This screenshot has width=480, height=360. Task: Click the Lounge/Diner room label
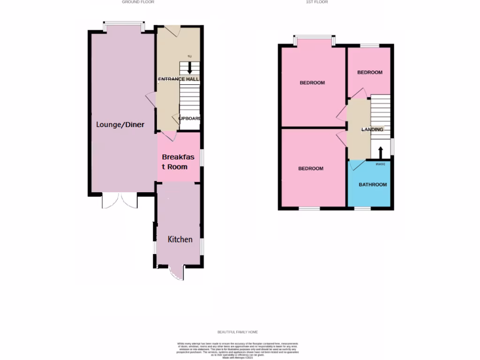[120, 125]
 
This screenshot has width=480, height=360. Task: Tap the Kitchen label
[180, 240]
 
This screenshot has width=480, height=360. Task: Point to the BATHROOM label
[373, 185]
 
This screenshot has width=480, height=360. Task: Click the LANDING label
[373, 129]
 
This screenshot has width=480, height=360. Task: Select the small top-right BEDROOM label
[370, 73]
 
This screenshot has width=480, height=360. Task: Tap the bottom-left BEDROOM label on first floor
[311, 169]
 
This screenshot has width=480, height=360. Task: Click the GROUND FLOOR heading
[138, 2]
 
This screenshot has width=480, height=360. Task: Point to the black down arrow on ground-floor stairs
[189, 68]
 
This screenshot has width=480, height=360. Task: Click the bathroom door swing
[357, 165]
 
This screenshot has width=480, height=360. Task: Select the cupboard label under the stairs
[189, 119]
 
